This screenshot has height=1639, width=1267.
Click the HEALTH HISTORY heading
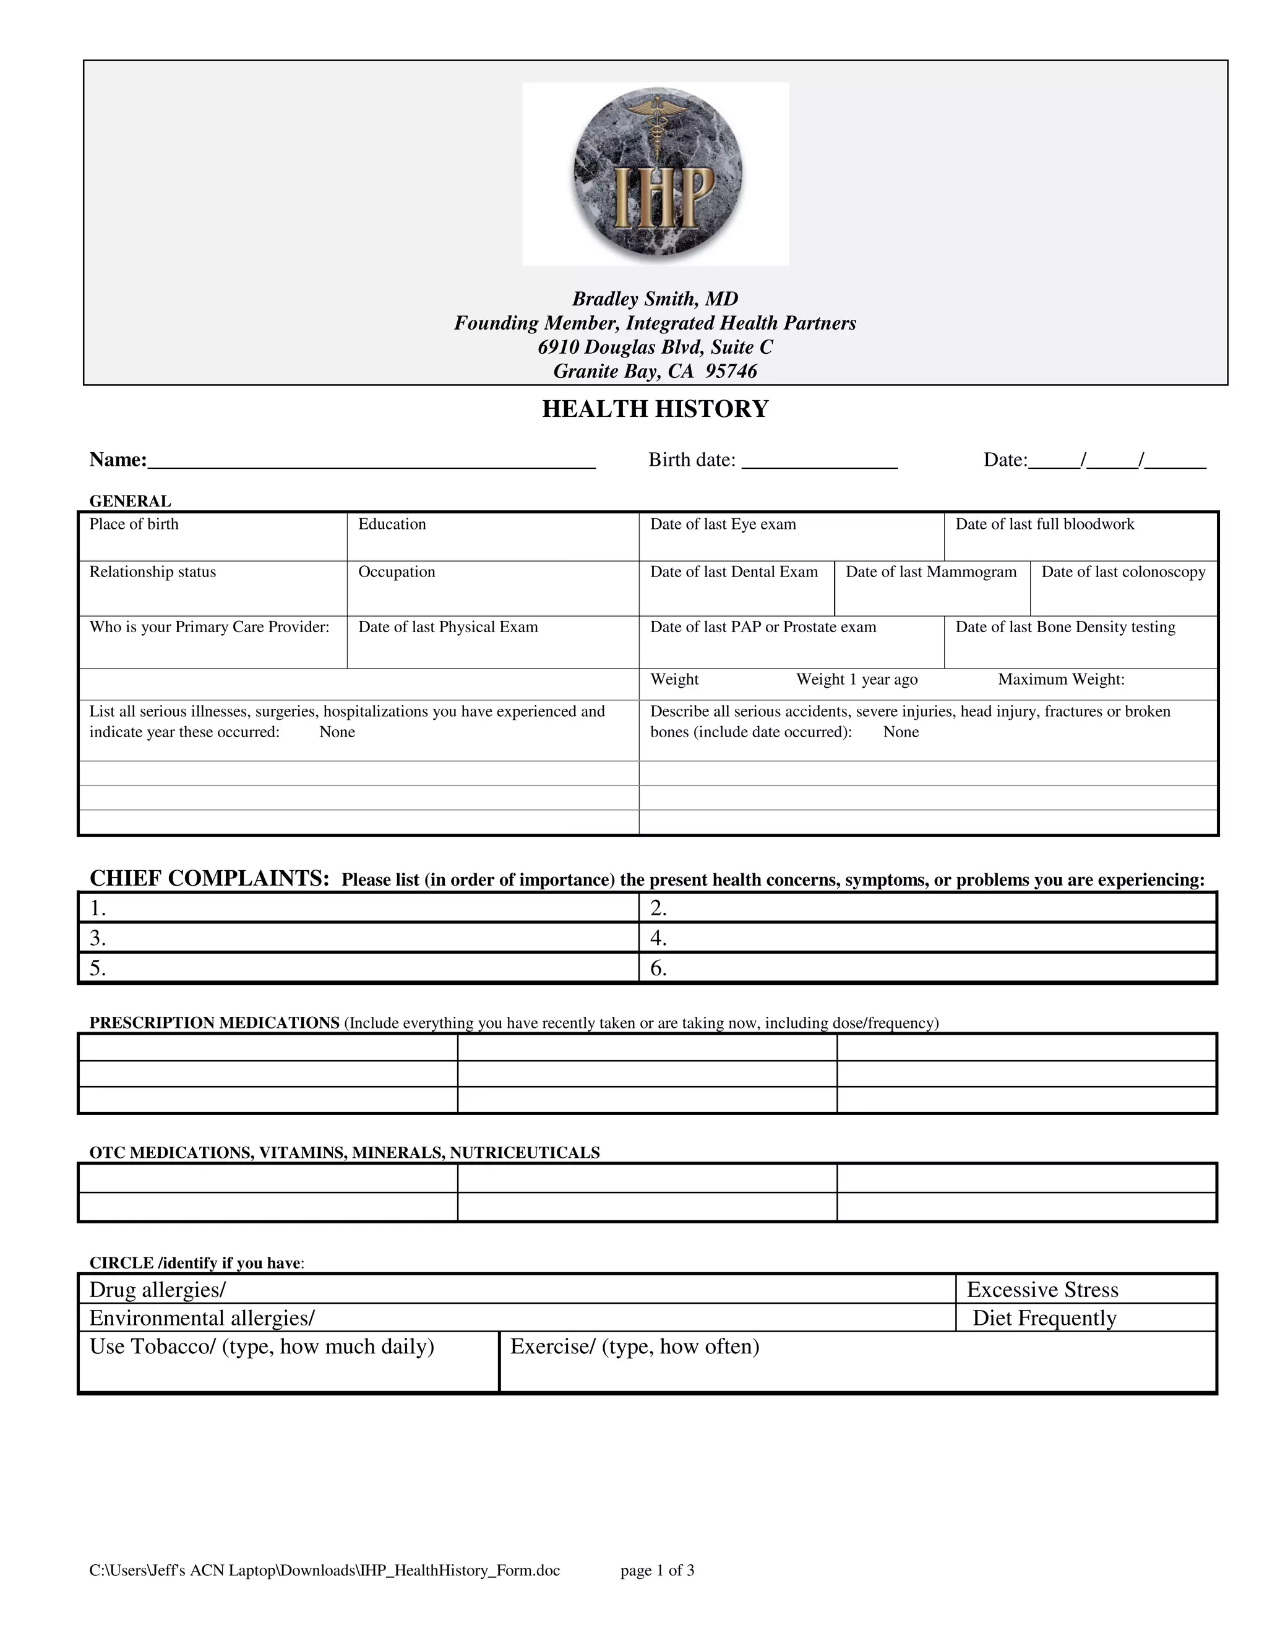[x=655, y=409]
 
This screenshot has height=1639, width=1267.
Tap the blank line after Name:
[x=372, y=461]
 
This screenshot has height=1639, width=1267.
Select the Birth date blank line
[x=819, y=461]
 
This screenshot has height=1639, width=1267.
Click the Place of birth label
[x=134, y=524]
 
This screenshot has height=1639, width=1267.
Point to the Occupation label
[x=397, y=572]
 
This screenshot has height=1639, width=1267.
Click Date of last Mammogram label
[x=930, y=572]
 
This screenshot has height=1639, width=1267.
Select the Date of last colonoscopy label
[x=1123, y=572]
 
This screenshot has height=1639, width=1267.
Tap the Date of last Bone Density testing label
[x=1064, y=627]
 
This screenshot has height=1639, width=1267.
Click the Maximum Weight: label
[x=1060, y=680]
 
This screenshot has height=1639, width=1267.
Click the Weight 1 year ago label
[x=856, y=680]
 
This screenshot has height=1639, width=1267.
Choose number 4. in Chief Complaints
[x=658, y=938]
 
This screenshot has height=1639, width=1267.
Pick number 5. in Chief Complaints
[x=98, y=968]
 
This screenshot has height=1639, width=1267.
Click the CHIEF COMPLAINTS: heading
[x=210, y=878]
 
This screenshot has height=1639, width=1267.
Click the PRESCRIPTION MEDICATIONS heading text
[x=215, y=1023]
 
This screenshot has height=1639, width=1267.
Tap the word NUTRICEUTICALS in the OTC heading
[x=525, y=1153]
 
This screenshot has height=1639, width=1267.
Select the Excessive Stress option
[x=1042, y=1290]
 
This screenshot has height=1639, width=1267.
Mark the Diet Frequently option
[x=1044, y=1318]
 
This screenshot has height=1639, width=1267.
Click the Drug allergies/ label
[x=158, y=1290]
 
